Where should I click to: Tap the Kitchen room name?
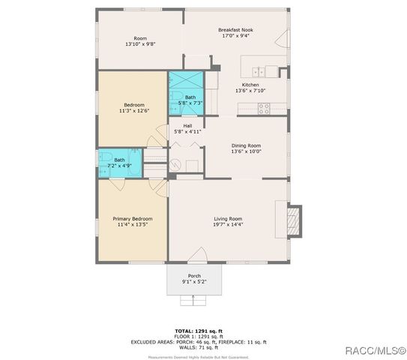[250, 85]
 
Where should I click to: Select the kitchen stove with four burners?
[264, 108]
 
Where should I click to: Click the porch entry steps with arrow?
[194, 301]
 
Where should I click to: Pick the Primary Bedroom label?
[132, 218]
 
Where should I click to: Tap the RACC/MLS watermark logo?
[376, 350]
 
